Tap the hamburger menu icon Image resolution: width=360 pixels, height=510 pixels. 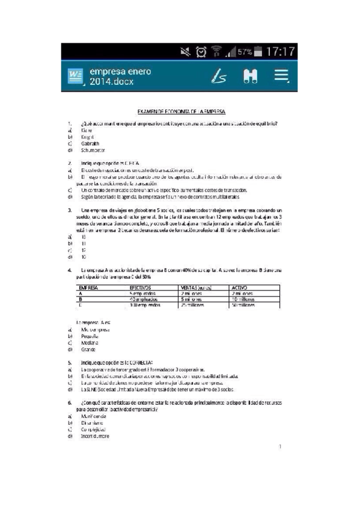coord(281,75)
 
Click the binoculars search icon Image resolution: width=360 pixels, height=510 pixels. coord(250,76)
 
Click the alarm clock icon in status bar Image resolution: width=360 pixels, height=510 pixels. coord(201,52)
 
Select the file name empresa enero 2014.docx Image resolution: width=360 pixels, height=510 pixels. coord(120,76)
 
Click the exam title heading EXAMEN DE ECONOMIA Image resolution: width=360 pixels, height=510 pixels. coord(182,112)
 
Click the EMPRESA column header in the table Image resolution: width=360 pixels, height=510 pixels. coord(89,288)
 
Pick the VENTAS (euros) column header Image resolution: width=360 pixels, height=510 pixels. coord(198,288)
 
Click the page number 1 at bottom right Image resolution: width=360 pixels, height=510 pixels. coord(280,447)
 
